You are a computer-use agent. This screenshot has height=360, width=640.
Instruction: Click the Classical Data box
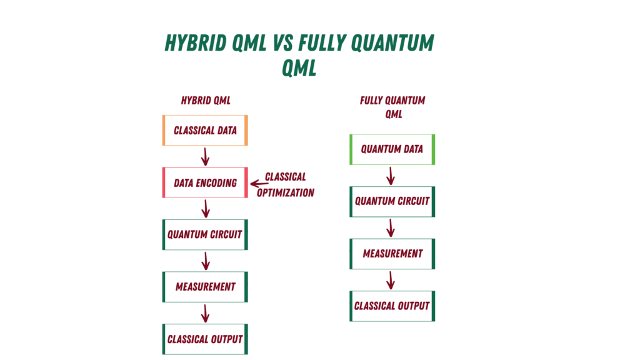(x=205, y=131)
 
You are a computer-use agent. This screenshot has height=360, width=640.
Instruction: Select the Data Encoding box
(x=205, y=183)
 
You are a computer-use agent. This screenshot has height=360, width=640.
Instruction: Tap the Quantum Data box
(x=392, y=149)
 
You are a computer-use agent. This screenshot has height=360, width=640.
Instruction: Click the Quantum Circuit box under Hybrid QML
(x=205, y=235)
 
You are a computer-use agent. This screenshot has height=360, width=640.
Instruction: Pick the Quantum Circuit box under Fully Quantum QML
(x=392, y=201)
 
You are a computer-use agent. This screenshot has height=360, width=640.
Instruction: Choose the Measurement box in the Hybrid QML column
(x=205, y=287)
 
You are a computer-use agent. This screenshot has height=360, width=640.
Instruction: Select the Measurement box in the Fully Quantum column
(x=392, y=254)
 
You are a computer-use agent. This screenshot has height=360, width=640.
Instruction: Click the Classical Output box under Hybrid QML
(x=205, y=339)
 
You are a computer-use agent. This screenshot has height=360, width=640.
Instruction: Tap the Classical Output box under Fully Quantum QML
(x=392, y=306)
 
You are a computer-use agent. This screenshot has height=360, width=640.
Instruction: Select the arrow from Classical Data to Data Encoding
(x=205, y=156)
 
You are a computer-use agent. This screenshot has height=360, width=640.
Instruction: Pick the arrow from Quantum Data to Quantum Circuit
(x=391, y=176)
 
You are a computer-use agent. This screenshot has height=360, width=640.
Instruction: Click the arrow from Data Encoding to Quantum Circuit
(x=205, y=209)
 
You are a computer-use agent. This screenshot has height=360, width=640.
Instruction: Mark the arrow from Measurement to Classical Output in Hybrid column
(x=205, y=313)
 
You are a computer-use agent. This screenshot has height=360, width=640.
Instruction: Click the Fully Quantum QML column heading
(x=392, y=107)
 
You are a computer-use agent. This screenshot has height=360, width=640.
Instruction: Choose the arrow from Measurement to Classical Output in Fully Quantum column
(x=391, y=280)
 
